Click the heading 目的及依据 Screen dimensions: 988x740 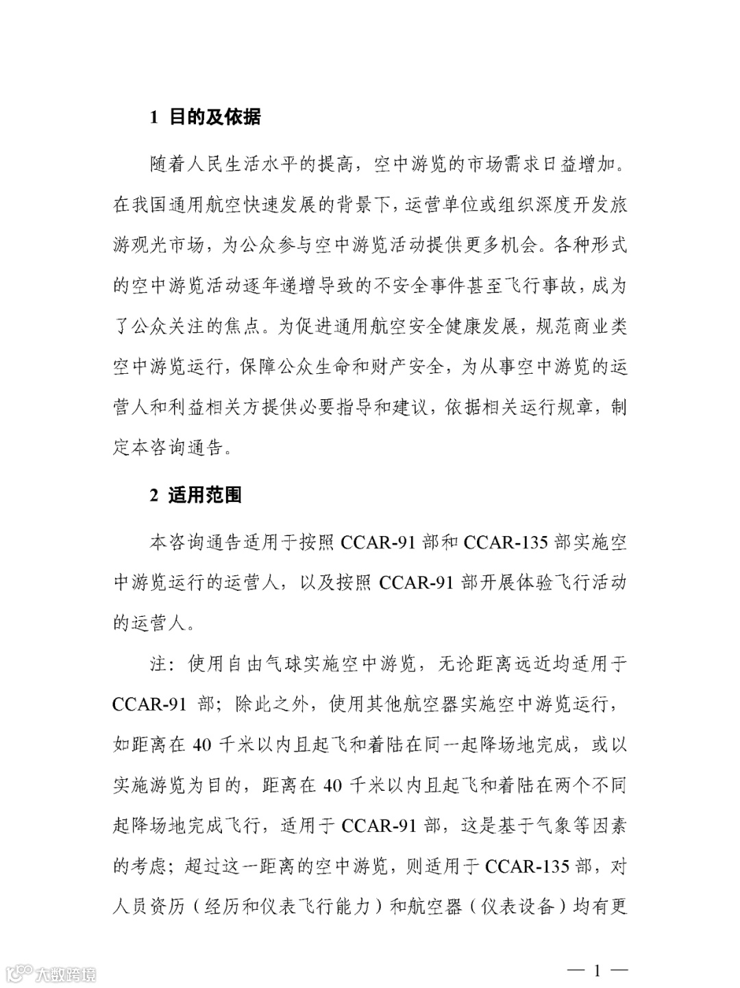(214, 118)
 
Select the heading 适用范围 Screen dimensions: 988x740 (205, 495)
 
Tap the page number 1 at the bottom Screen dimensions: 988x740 (597, 970)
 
